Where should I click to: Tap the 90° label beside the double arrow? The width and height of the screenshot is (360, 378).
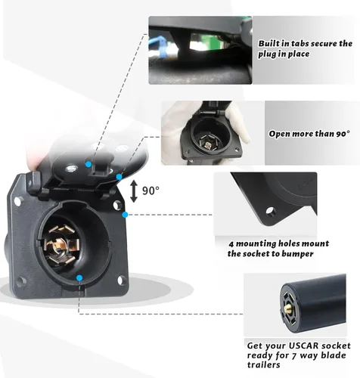151,191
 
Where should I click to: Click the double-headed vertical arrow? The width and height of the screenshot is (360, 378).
134,191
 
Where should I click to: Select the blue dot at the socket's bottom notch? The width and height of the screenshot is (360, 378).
79,278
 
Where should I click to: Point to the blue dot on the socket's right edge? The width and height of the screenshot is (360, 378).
125,215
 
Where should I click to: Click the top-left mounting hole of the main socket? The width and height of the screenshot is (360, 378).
17,201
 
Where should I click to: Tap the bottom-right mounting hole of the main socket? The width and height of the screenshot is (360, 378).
122,280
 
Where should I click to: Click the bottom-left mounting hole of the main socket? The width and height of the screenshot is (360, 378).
22,280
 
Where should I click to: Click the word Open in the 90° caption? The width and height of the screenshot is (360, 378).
279,134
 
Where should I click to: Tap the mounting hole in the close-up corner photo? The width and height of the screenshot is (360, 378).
270,211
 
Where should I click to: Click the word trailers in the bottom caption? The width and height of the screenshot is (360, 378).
264,365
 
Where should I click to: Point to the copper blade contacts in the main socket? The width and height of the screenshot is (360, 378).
60,245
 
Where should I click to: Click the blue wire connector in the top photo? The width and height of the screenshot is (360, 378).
157,46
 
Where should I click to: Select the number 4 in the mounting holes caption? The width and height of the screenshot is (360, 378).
231,244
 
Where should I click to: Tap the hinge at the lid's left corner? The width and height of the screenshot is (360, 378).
35,182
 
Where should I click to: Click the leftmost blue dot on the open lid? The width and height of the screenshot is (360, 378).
88,164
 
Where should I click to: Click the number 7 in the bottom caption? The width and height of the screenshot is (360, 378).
294,356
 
